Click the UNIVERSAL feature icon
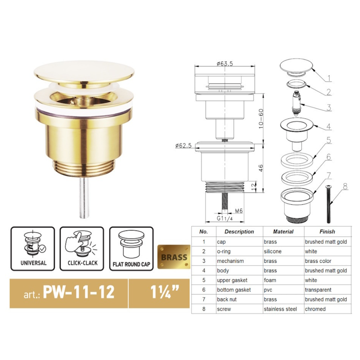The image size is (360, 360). [33, 248]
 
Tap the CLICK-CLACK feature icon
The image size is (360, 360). [82, 248]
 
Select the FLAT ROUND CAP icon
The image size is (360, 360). [131, 248]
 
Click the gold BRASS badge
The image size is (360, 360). [174, 257]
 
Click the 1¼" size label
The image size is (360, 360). [159, 292]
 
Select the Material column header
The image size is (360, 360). [283, 232]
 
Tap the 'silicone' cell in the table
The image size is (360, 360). [273, 251]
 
